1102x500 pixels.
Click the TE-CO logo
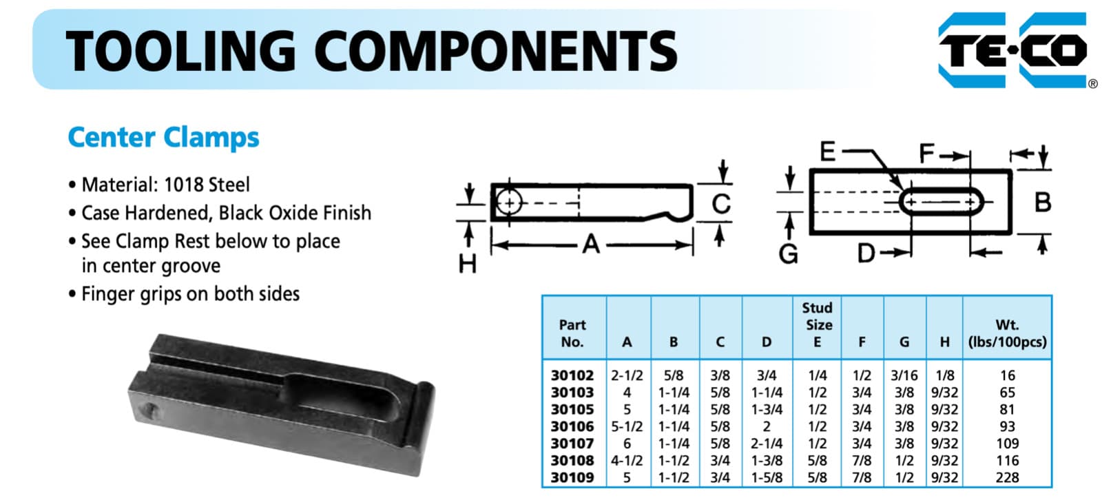1013,50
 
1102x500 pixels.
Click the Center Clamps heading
163,138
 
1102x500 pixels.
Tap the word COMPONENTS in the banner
496,52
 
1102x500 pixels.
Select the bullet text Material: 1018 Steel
165,185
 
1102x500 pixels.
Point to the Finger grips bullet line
190,294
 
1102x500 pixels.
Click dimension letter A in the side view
591,244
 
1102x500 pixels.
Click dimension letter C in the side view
720,203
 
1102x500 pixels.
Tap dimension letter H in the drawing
467,263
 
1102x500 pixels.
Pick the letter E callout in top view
827,151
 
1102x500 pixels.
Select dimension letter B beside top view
1043,202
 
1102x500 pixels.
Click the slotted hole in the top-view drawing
942,202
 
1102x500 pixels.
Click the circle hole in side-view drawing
508,202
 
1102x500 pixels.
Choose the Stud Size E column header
817,324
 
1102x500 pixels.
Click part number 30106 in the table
572,426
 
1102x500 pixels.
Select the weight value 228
1007,477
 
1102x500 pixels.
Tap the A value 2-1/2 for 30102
627,375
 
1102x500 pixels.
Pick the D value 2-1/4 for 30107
767,444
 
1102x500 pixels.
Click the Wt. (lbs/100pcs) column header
1007,333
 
